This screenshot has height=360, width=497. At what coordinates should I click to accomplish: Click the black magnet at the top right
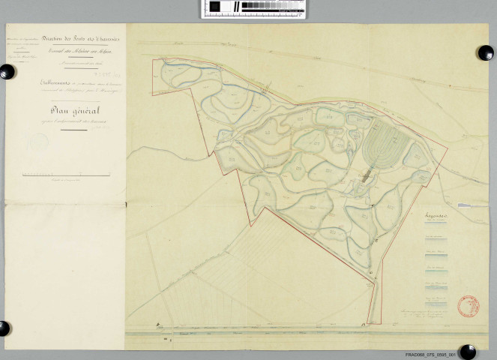[x=485, y=53]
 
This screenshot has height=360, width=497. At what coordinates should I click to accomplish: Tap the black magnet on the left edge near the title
[x=7, y=72]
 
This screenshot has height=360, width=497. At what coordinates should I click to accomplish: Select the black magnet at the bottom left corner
[x=4, y=328]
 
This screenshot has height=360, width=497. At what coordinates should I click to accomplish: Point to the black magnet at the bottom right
[x=467, y=351]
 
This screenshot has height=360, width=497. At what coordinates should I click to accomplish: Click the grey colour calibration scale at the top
[x=254, y=8]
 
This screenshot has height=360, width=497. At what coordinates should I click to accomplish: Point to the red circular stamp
[x=469, y=305]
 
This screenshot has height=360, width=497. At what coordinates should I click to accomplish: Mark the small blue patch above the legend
[x=464, y=203]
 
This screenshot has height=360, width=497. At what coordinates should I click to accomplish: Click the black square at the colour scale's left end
[x=214, y=7]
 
